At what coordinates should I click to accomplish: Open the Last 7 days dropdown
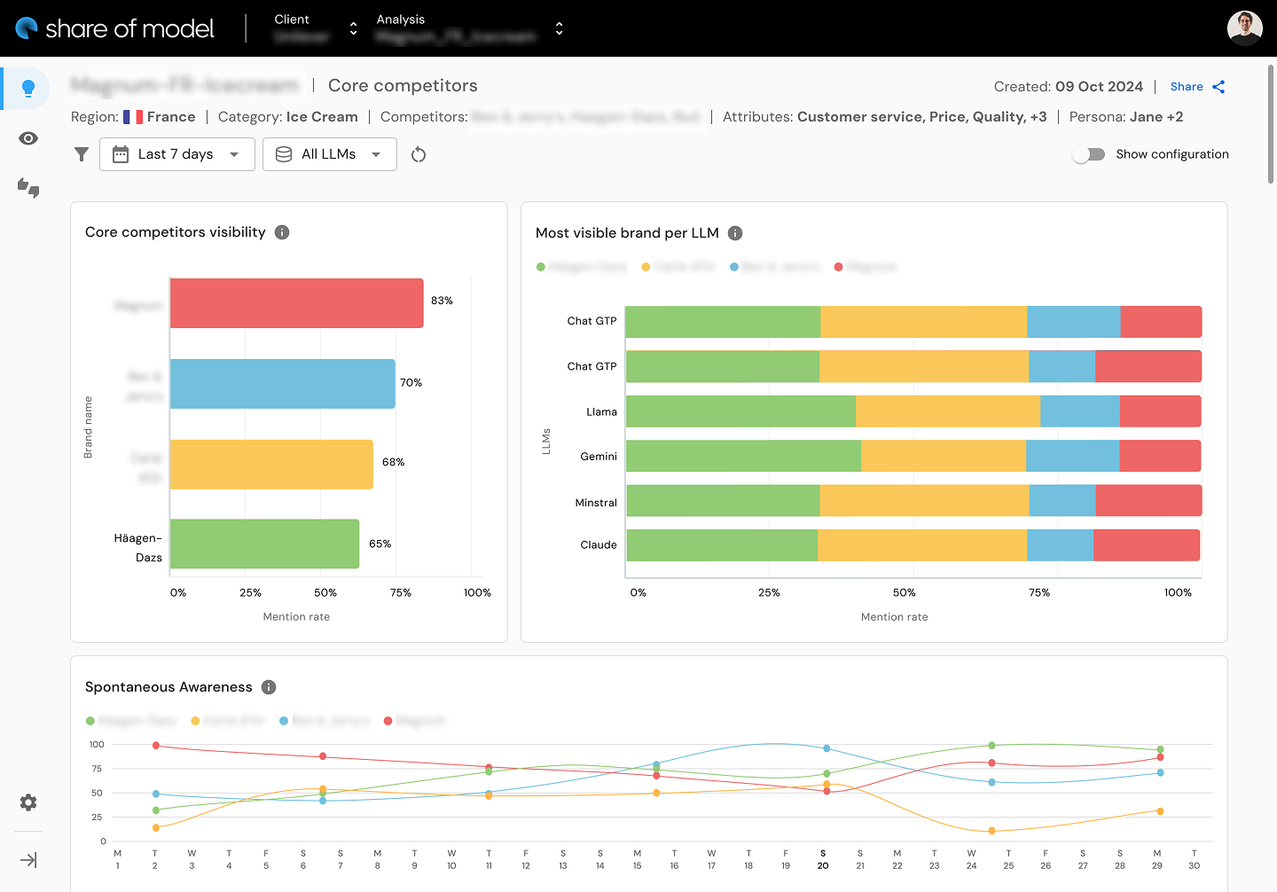177,154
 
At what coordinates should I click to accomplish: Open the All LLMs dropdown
329,154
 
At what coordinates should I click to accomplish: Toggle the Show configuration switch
1088,154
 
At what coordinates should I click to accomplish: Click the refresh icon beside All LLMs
419,155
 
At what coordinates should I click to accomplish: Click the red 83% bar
296,303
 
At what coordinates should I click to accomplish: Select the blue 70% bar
282,384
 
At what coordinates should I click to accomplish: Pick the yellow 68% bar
271,465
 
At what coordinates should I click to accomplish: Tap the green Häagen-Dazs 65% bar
264,544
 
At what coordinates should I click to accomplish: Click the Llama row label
601,411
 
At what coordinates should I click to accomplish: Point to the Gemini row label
599,457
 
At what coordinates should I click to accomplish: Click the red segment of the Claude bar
1146,545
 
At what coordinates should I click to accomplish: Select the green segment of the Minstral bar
723,501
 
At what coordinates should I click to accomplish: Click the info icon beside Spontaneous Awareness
269,687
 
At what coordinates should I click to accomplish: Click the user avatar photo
1244,28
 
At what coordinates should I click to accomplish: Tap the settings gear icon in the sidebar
28,802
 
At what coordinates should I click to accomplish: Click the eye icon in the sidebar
28,138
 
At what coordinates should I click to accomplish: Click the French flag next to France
133,117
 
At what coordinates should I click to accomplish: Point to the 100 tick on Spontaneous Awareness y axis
97,745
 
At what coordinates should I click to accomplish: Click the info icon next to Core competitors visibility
282,232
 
